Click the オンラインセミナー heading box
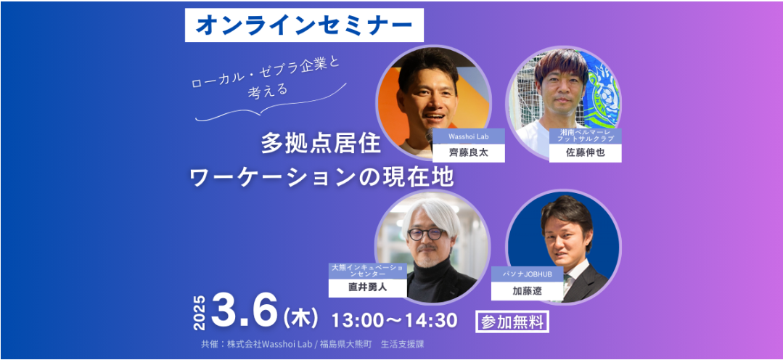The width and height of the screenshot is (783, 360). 304,25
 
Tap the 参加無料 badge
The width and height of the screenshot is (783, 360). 512,322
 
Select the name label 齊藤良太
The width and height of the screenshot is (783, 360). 468,153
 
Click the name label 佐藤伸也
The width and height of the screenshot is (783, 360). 585,153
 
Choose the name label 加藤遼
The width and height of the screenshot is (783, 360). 528,291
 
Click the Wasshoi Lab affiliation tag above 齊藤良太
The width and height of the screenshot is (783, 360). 468,136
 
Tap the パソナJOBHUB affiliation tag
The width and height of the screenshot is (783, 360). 528,274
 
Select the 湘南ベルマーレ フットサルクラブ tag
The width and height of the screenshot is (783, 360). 585,136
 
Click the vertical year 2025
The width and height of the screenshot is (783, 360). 200,313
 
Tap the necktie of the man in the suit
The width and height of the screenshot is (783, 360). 567,282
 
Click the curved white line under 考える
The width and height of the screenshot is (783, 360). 271,107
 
